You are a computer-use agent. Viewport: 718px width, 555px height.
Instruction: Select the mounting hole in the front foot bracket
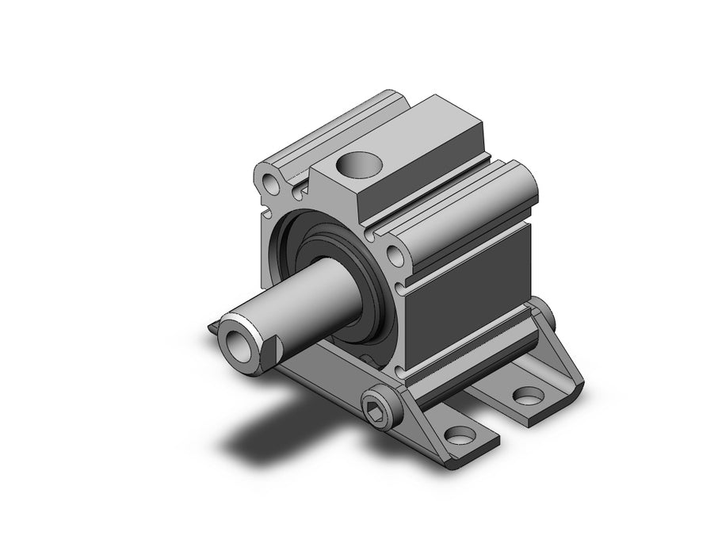pyautogui.click(x=458, y=434)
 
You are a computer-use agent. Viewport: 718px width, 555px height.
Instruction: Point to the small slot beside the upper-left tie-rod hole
pyautogui.click(x=297, y=190)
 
